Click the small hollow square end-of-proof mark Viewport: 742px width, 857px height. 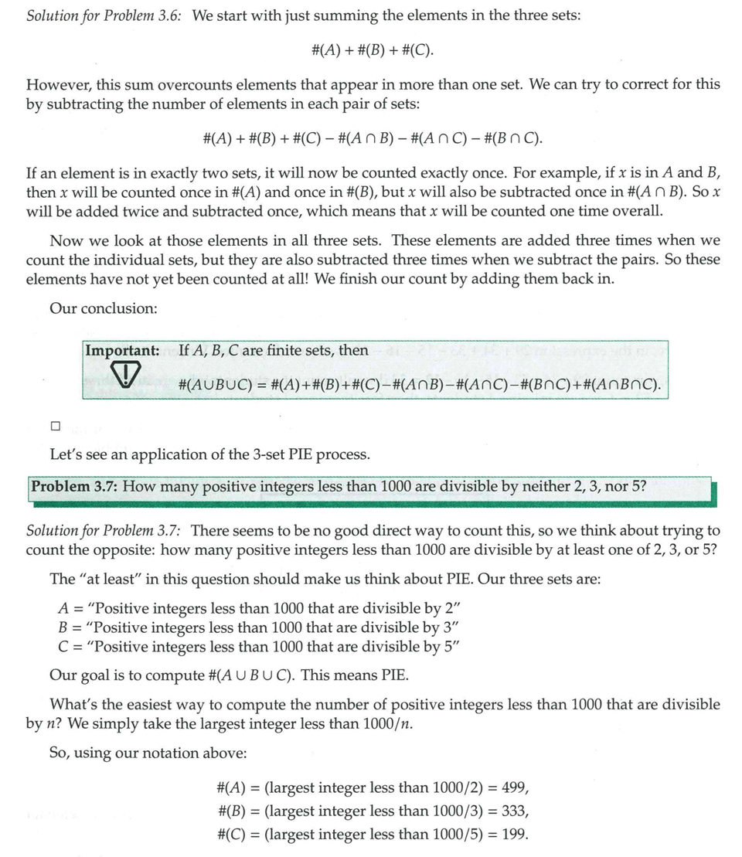[x=54, y=426]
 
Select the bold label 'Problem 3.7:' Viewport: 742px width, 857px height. [x=74, y=487]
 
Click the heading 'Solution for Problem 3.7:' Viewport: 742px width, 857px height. [x=104, y=530]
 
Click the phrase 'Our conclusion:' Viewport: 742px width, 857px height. [x=104, y=308]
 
